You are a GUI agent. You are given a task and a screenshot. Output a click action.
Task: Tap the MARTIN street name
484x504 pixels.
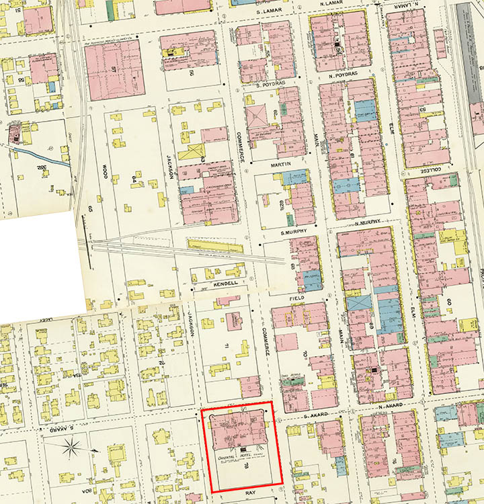coord(280,164)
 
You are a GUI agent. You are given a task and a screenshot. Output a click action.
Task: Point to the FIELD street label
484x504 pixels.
coord(297,297)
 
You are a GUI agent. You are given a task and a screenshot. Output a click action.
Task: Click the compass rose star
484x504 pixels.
coord(73,445)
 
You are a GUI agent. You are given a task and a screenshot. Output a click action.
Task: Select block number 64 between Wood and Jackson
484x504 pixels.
coord(134,180)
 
